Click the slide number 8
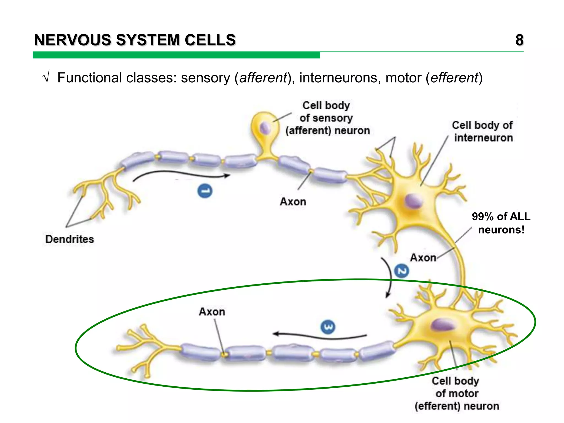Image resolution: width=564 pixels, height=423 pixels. pyautogui.click(x=519, y=40)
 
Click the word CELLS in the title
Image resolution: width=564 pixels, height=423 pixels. pyautogui.click(x=210, y=40)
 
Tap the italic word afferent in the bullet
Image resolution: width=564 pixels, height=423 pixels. pyautogui.click(x=263, y=78)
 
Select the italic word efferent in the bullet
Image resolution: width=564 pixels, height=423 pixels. pyautogui.click(x=454, y=78)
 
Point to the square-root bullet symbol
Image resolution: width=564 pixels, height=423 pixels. pyautogui.click(x=46, y=77)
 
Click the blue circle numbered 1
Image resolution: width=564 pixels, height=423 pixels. pyautogui.click(x=205, y=191)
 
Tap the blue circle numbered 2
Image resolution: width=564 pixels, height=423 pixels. pyautogui.click(x=402, y=271)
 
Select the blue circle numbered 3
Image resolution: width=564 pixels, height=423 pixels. pyautogui.click(x=328, y=327)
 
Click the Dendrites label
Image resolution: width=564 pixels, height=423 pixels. pyautogui.click(x=70, y=239)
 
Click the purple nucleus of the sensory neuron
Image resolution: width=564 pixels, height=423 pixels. pyautogui.click(x=265, y=128)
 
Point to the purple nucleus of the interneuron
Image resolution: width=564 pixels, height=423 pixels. pyautogui.click(x=414, y=201)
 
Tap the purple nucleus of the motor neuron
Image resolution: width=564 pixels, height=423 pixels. pyautogui.click(x=442, y=325)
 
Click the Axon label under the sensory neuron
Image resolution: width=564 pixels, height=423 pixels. pyautogui.click(x=293, y=202)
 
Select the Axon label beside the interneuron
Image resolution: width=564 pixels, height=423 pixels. pyautogui.click(x=423, y=258)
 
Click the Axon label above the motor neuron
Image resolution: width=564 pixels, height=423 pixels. pyautogui.click(x=212, y=312)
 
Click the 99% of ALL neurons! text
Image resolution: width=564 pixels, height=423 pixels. pyautogui.click(x=501, y=223)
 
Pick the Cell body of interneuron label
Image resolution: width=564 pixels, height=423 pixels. pyautogui.click(x=482, y=132)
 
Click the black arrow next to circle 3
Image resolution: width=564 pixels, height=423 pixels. pyautogui.click(x=319, y=336)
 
